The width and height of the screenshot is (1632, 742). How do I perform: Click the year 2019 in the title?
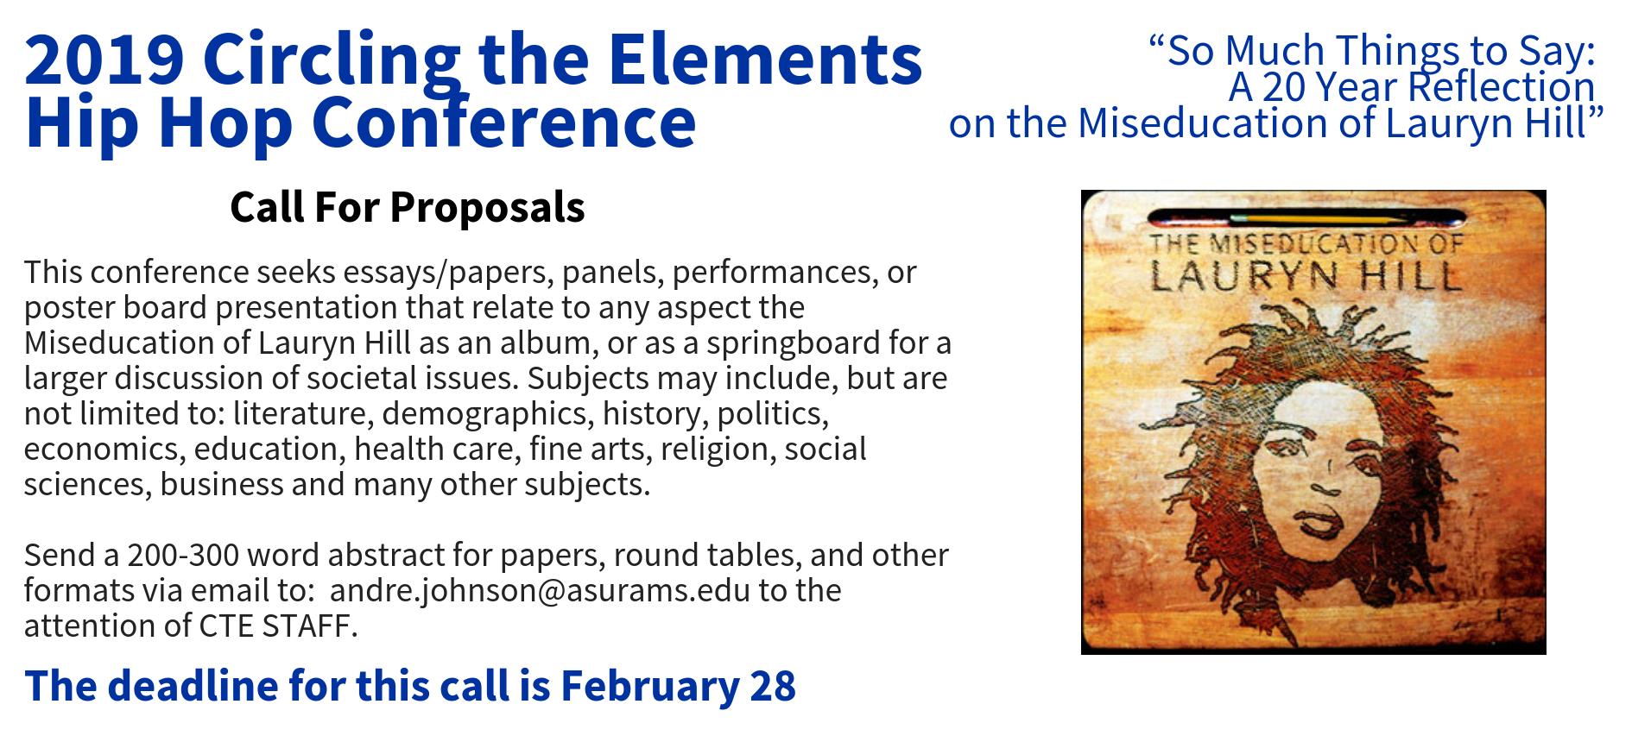point(104,60)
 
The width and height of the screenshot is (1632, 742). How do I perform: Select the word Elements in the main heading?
point(766,60)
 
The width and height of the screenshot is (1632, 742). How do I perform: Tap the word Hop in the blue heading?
point(225,124)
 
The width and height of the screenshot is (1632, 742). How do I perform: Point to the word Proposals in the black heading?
point(487,208)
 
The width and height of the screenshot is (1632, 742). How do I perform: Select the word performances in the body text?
point(775,273)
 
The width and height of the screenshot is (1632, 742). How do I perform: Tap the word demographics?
point(488,414)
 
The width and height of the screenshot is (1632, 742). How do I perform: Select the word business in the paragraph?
point(222,485)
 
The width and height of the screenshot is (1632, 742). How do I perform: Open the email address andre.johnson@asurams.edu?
point(540,591)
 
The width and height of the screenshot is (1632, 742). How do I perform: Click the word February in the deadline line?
point(650,687)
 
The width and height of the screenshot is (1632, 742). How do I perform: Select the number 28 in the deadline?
point(773,687)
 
